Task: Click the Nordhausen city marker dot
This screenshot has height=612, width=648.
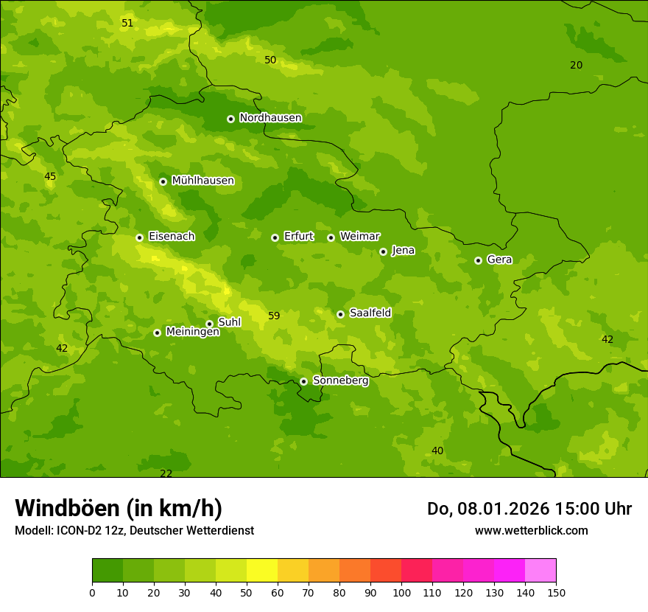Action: click(230, 119)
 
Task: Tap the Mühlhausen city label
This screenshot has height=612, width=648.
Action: click(202, 181)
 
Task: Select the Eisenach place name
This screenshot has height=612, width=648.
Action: click(172, 237)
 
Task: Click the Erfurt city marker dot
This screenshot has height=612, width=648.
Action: click(275, 237)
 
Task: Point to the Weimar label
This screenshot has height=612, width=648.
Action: click(359, 237)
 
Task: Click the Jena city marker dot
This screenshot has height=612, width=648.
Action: click(383, 251)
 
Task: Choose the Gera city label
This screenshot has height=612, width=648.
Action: click(499, 260)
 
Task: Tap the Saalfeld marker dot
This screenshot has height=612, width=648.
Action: click(340, 314)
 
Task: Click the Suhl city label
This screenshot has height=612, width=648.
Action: click(230, 322)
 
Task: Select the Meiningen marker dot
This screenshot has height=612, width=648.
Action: click(157, 333)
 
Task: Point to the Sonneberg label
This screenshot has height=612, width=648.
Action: click(340, 380)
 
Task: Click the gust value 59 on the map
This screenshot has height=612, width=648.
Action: click(274, 316)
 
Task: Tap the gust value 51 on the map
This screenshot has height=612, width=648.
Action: click(127, 24)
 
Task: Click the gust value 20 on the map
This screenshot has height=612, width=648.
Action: click(576, 66)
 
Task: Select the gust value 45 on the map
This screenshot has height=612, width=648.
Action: click(50, 177)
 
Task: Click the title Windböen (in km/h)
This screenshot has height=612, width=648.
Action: click(119, 508)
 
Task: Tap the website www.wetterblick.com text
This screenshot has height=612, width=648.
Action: click(531, 530)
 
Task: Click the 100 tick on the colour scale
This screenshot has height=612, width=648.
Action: click(401, 591)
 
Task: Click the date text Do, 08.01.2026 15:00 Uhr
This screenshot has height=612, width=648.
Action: click(529, 509)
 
